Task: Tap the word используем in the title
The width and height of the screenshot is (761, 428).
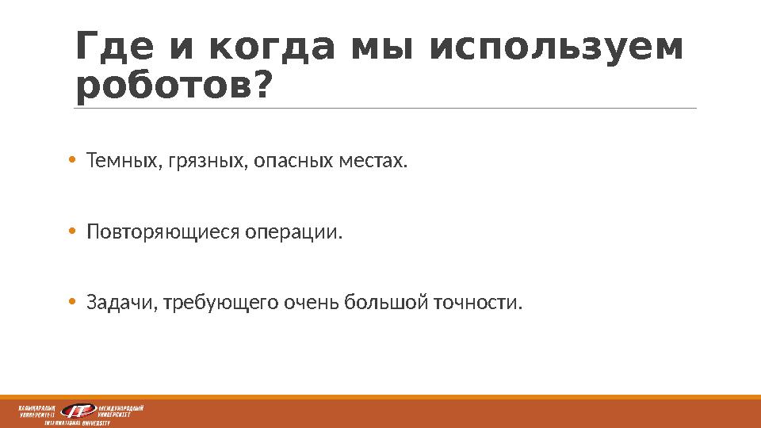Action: tap(556, 49)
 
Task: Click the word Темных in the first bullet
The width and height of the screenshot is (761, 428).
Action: tap(122, 162)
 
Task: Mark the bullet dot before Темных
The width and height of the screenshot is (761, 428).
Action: tap(71, 162)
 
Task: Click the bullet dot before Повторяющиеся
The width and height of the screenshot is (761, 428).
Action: tap(71, 233)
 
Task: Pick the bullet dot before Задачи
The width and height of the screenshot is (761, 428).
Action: tap(71, 303)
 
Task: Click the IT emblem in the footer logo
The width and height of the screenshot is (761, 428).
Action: tap(78, 411)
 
